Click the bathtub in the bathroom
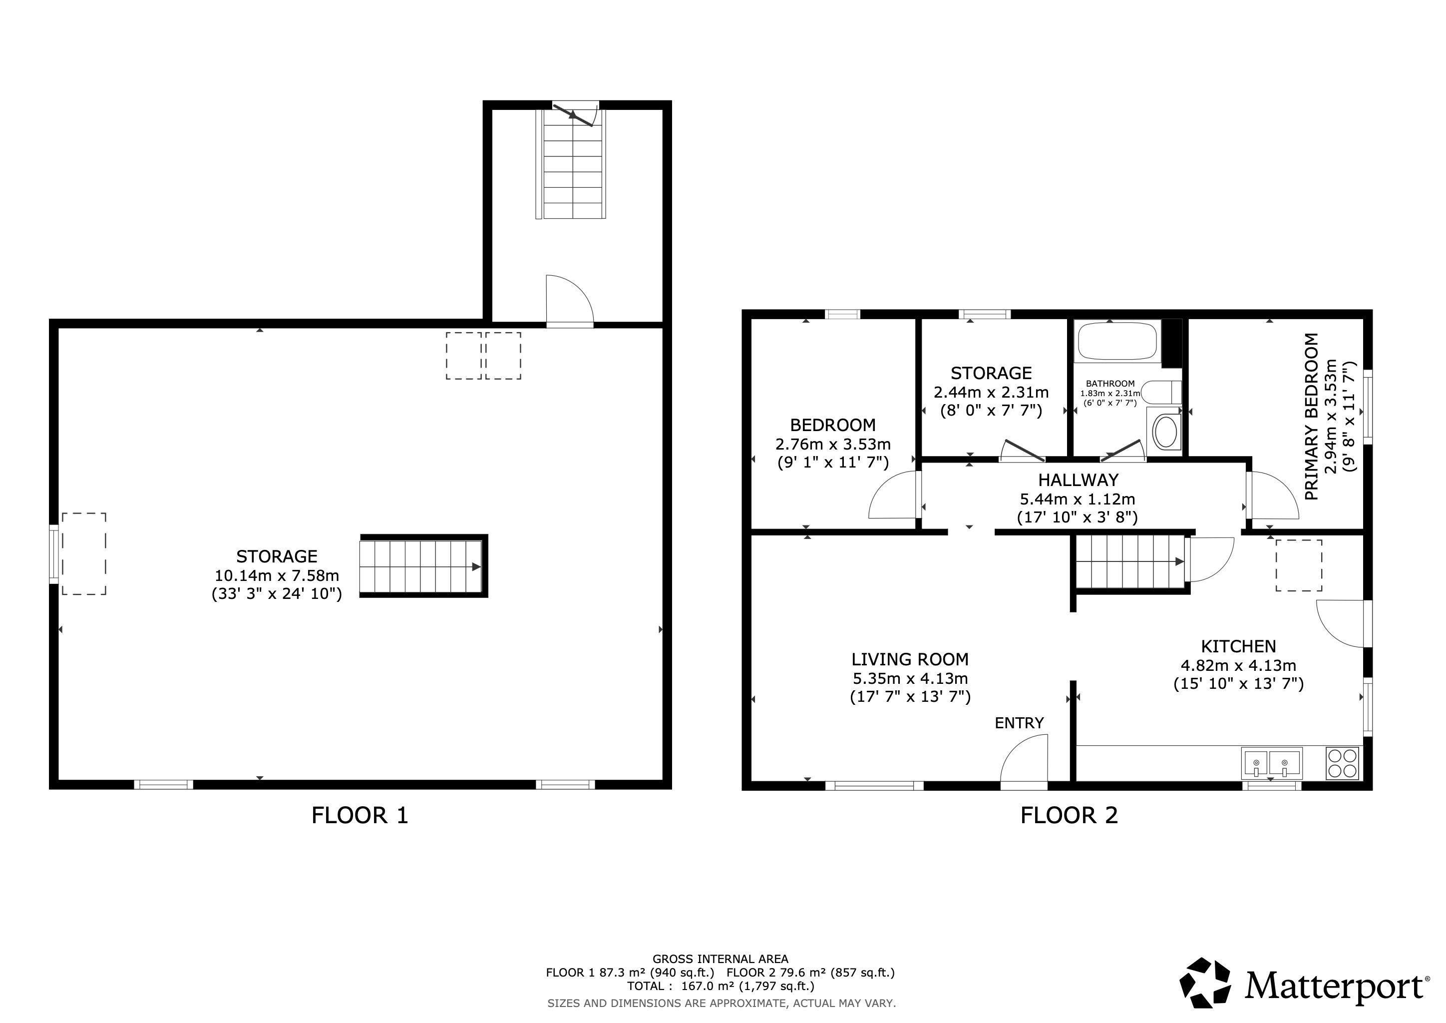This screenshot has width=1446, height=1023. coord(1117,342)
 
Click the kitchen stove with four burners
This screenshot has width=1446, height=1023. coord(1343,763)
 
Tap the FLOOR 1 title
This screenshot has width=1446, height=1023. coord(360,816)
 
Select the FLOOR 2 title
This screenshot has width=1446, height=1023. coord(1069,816)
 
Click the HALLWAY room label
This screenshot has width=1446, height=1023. coord(1078,480)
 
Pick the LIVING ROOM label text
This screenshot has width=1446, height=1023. coord(910,659)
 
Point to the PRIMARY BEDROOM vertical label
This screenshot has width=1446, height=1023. coord(1311,417)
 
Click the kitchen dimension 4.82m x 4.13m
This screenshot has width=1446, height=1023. coord(1238,665)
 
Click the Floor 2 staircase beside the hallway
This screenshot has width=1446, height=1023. coord(1131,562)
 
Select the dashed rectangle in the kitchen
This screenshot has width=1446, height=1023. coord(1299,565)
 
